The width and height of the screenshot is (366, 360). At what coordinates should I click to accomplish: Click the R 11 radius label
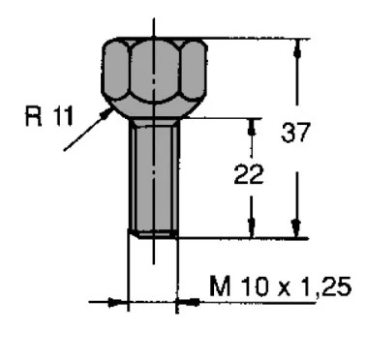coord(49,116)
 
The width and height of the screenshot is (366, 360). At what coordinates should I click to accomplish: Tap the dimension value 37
coord(295,133)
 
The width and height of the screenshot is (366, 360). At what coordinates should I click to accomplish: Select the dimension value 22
coord(249,174)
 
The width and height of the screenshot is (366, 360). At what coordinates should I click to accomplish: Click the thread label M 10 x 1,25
coord(280,286)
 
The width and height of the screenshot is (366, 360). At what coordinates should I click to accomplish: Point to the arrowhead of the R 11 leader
coord(107,113)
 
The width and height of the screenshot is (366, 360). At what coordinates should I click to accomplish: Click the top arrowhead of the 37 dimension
coord(297,48)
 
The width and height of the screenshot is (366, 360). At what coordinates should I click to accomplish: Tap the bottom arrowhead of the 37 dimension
coord(296,229)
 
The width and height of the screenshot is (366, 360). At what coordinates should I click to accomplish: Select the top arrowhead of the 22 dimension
coord(253,128)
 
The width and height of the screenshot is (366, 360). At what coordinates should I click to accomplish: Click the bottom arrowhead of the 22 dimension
coord(252,229)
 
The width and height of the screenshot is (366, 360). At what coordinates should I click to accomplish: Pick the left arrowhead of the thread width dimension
coord(118,302)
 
